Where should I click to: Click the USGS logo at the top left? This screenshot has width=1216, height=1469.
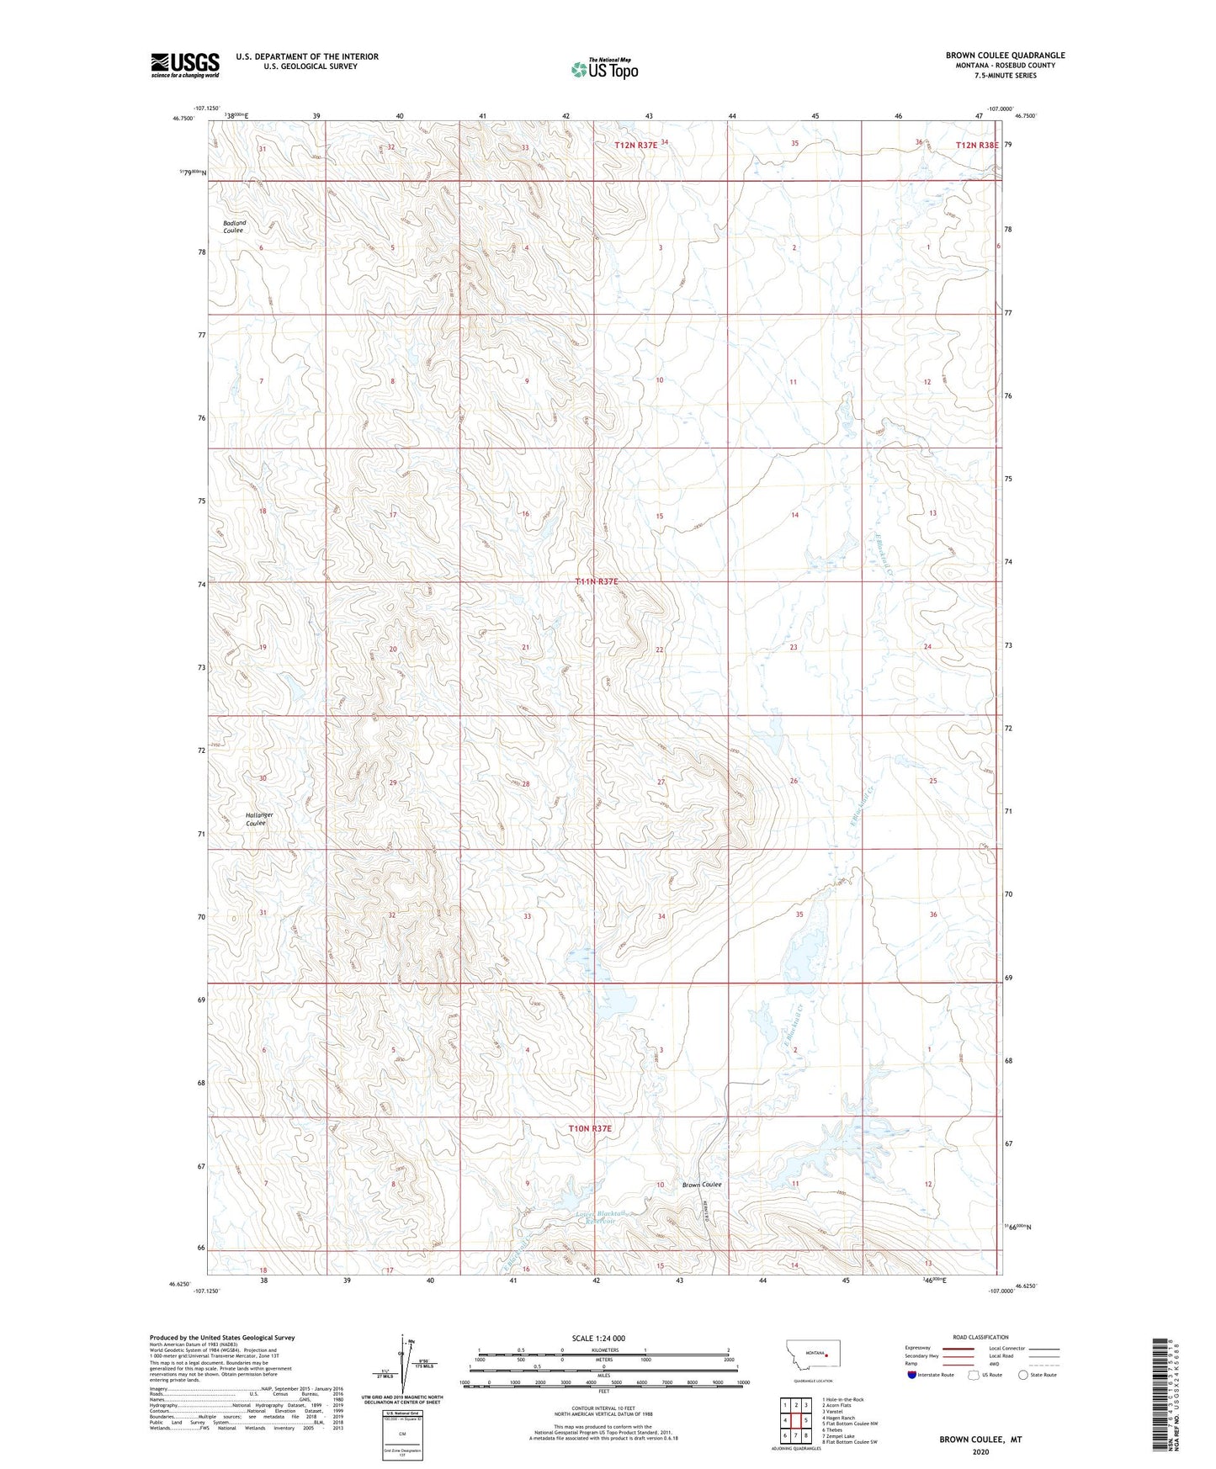click(x=185, y=65)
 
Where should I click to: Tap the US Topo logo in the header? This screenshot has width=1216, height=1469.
click(x=604, y=70)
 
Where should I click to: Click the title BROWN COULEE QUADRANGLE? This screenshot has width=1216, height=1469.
click(x=1005, y=56)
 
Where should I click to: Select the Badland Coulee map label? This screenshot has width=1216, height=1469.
click(x=234, y=226)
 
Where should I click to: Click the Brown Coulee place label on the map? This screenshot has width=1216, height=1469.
click(x=702, y=1185)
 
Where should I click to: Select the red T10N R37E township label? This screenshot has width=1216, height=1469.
click(x=590, y=1128)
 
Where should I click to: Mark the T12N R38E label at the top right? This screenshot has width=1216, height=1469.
click(x=977, y=146)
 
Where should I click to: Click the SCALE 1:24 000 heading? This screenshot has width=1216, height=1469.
click(x=598, y=1338)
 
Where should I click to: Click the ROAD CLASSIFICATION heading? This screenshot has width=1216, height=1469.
click(x=980, y=1337)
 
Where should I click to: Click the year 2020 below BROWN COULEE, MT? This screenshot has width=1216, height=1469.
click(x=980, y=1451)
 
